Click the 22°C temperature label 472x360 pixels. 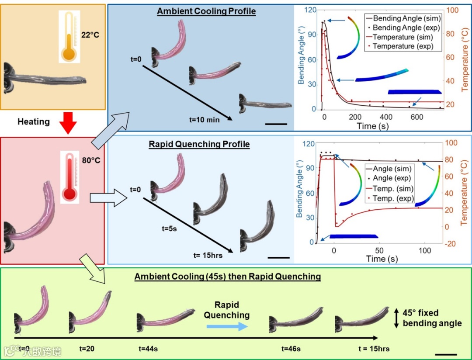click(x=90, y=34)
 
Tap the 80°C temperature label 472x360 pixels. click(x=91, y=160)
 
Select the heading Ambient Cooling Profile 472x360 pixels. click(x=206, y=11)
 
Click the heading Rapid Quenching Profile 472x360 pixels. click(x=199, y=144)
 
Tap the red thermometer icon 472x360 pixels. click(x=69, y=177)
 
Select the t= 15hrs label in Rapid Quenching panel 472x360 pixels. click(x=208, y=255)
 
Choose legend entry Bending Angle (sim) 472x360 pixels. click(x=402, y=19)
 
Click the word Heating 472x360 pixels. click(x=34, y=121)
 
